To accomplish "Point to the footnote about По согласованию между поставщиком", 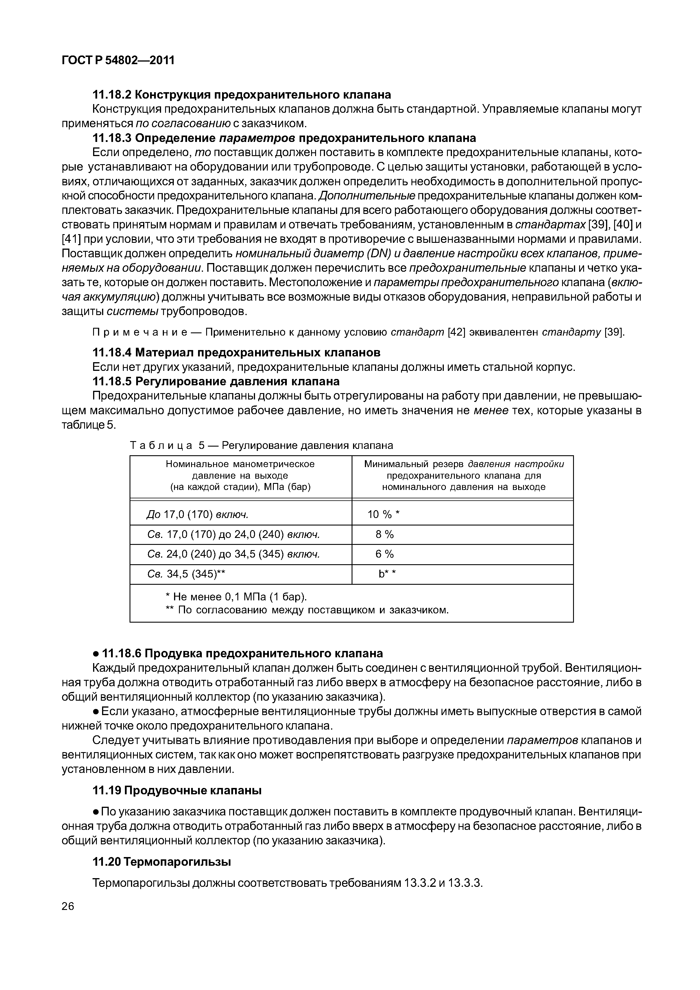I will (307, 610).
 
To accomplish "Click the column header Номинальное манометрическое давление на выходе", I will (240, 475).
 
